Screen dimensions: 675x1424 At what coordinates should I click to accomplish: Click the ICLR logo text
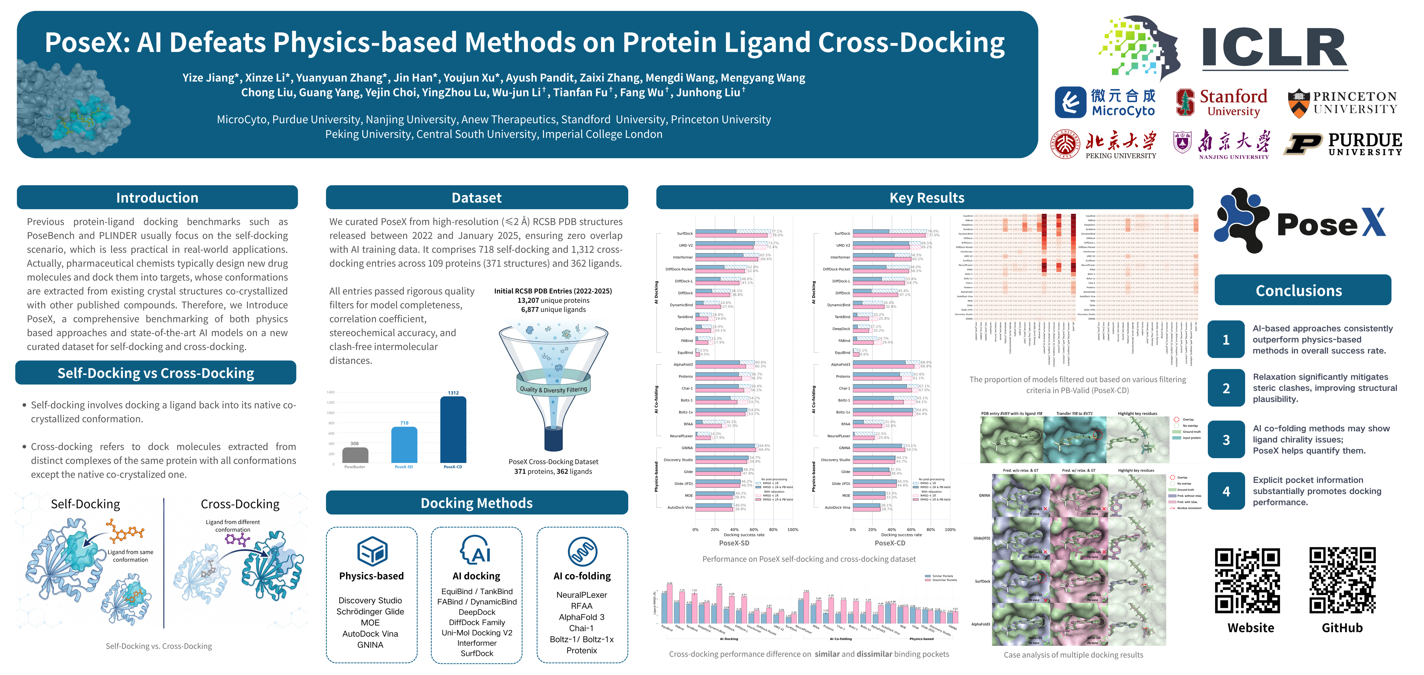[1274, 49]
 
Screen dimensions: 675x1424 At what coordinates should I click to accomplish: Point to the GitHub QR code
[1342, 580]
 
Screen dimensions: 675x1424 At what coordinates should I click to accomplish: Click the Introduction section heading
[157, 197]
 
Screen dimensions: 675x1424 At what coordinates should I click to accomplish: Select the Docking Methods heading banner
[476, 502]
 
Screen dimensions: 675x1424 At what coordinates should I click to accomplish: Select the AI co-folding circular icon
[582, 551]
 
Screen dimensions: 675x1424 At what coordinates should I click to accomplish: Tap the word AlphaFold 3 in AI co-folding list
[582, 617]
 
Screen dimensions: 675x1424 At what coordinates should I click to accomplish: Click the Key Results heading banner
[926, 197]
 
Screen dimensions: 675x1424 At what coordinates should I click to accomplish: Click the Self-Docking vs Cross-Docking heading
[156, 373]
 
